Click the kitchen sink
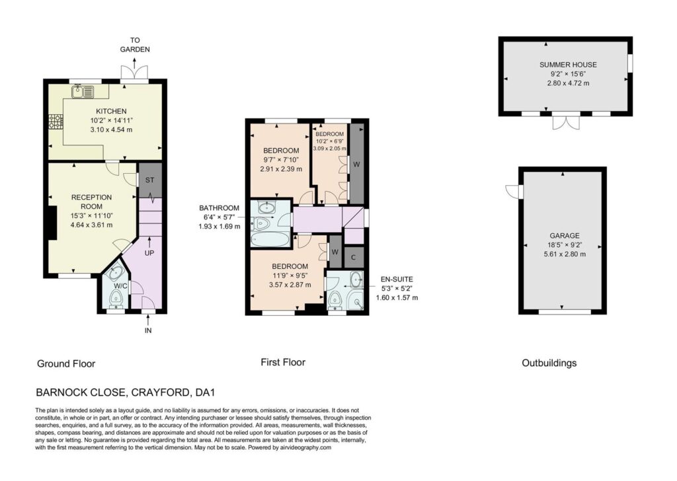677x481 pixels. [x=83, y=91]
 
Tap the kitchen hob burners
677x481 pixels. [x=55, y=121]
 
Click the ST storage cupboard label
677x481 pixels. [x=149, y=180]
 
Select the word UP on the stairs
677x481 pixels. [x=149, y=253]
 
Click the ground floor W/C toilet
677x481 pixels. [x=115, y=298]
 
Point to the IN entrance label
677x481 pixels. [x=148, y=330]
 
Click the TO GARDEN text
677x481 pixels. [x=135, y=45]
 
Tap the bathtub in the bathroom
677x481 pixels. [x=271, y=239]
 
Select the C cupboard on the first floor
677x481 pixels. [x=353, y=258]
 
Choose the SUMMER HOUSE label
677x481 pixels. [x=568, y=65]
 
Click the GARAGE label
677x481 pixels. [x=565, y=235]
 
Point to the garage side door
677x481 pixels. [x=514, y=192]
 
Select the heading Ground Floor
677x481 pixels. [x=66, y=363]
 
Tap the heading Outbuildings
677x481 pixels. [x=549, y=363]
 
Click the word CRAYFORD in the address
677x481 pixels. [x=160, y=392]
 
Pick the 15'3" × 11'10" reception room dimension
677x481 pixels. [x=91, y=215]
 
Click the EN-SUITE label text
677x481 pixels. [x=397, y=279]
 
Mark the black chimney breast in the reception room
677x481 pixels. [x=52, y=223]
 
